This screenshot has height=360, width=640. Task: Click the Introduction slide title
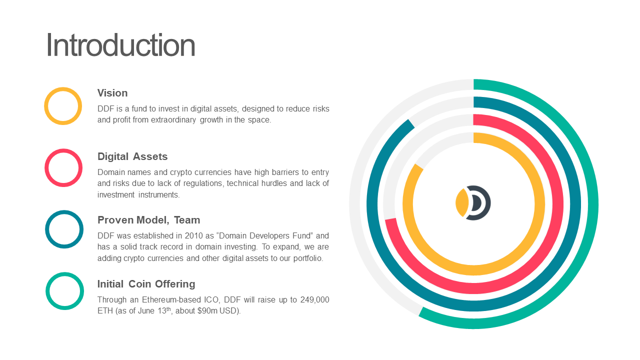tap(120, 45)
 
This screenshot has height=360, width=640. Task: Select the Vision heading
tap(112, 93)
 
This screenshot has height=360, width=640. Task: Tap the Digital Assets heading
tap(132, 156)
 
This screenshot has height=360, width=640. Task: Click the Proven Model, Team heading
tap(148, 220)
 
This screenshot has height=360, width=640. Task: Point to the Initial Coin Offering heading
tap(146, 284)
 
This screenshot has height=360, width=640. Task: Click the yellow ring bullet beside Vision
tap(46, 106)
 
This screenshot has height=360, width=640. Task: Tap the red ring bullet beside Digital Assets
tap(46, 167)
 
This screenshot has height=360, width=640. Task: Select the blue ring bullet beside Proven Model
tap(47, 229)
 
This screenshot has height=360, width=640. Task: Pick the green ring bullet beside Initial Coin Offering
tap(47, 291)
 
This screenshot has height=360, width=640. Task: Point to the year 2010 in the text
tap(193, 235)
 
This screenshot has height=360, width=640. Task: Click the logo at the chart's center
tap(473, 203)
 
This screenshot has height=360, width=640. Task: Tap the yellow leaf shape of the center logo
tap(461, 202)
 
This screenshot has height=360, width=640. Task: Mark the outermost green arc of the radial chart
tap(593, 203)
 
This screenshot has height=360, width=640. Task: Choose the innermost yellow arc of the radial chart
tap(539, 204)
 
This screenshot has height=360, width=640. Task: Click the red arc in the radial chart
tap(557, 204)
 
